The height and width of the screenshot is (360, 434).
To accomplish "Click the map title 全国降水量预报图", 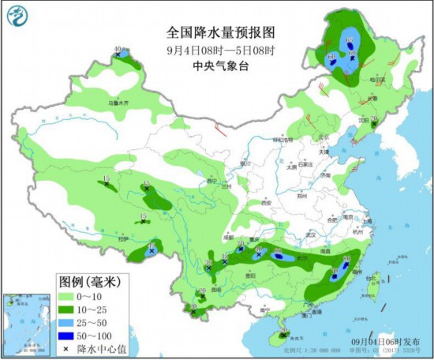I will pyautogui.click(x=220, y=32).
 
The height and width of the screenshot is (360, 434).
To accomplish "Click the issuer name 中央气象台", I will pyautogui.click(x=220, y=66).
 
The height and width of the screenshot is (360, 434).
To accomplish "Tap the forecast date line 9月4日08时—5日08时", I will pyautogui.click(x=220, y=50).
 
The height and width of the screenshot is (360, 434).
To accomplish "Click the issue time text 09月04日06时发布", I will pyautogui.click(x=384, y=339).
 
